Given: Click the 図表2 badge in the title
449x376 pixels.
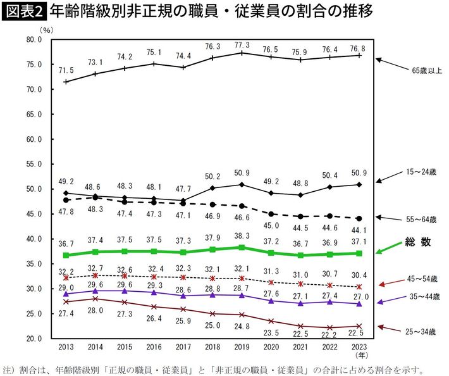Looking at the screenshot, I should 23,11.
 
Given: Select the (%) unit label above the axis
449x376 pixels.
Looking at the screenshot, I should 46,30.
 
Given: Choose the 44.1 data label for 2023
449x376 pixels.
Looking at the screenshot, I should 359,230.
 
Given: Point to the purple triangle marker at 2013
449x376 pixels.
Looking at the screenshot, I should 66,294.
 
